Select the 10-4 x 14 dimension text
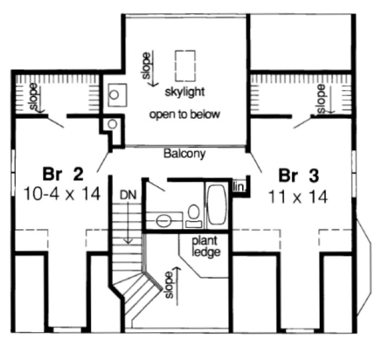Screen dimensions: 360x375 click(x=62, y=194)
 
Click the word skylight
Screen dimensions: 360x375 click(x=186, y=92)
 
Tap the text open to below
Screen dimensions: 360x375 click(x=185, y=114)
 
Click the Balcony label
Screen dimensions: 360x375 click(x=185, y=154)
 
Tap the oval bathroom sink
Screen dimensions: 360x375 click(x=166, y=220)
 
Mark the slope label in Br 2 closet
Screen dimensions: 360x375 click(x=34, y=98)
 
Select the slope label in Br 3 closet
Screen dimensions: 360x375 click(x=321, y=99)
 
